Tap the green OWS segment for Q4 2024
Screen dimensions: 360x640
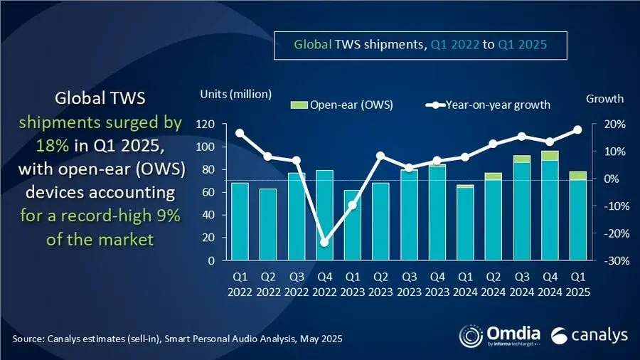point(549,156)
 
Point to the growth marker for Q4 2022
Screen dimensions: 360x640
point(325,243)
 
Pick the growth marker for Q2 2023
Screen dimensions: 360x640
point(380,155)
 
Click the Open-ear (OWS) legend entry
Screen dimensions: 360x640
point(341,105)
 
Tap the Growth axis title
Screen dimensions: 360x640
point(605,99)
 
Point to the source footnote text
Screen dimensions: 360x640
point(177,339)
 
